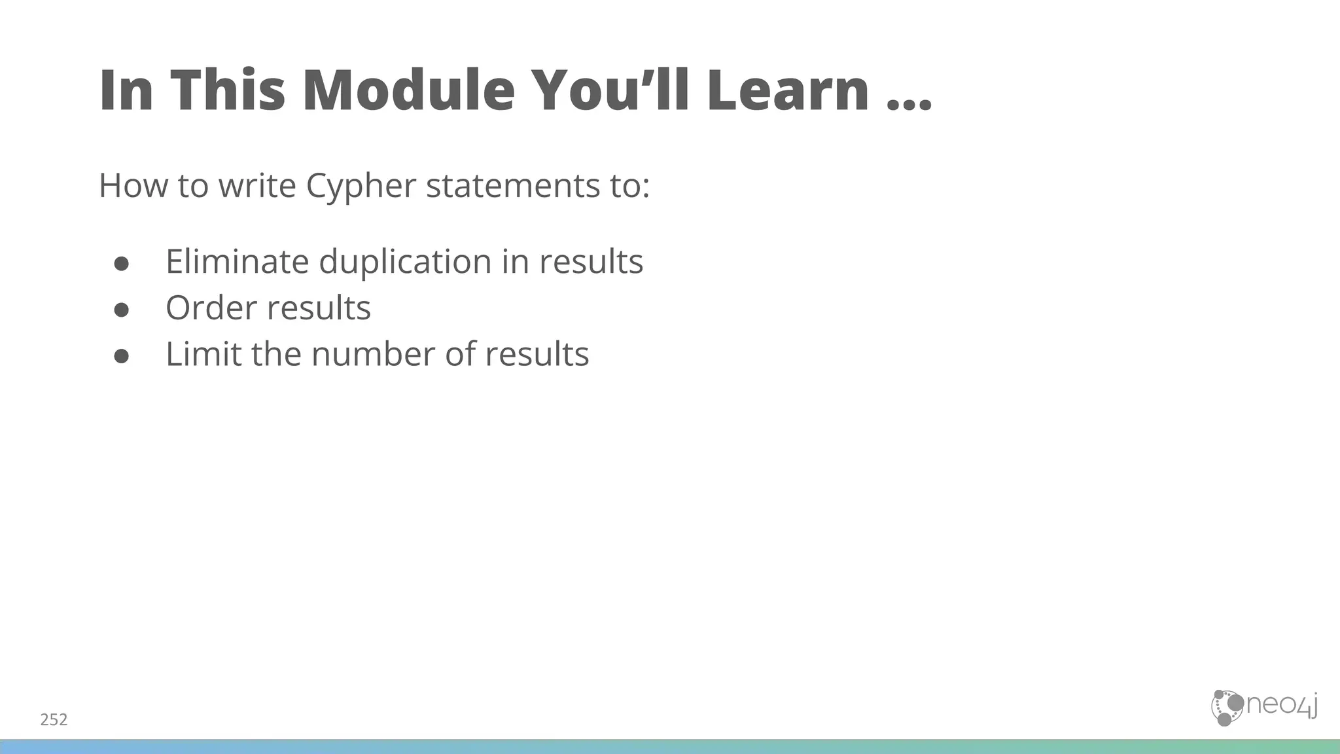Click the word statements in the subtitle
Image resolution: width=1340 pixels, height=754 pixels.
tap(513, 186)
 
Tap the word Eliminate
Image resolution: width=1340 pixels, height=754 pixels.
tap(237, 262)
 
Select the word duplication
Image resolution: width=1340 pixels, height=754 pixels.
tap(406, 262)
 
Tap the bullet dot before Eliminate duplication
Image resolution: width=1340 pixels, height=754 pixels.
tap(121, 263)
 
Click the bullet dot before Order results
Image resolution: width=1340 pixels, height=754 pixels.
tap(121, 310)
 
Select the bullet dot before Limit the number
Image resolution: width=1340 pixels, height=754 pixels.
tap(121, 356)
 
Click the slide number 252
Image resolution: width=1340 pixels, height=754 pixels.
tap(54, 720)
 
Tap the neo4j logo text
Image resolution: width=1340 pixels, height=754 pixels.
tap(1280, 706)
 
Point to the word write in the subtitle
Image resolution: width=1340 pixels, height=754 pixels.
tap(257, 186)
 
